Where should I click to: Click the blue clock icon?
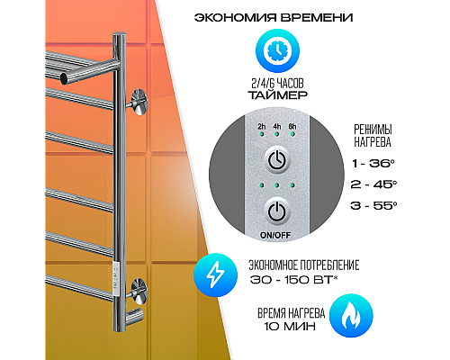tap(277, 50)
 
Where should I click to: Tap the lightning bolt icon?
tap(215, 275)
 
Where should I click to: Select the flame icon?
tap(351, 316)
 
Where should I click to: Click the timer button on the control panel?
tap(277, 159)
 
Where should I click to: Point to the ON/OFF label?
tap(275, 235)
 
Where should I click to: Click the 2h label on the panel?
tap(262, 126)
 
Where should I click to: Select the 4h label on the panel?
tap(277, 126)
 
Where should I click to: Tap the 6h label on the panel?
tap(292, 126)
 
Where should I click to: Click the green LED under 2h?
tap(262, 134)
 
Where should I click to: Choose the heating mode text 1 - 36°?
tap(373, 164)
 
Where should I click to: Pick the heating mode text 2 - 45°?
tap(373, 184)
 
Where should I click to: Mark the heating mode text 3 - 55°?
tap(373, 206)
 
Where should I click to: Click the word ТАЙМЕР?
tap(277, 94)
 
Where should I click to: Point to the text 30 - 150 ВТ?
tap(292, 280)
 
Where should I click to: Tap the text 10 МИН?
tap(290, 326)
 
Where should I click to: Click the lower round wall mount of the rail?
tap(139, 292)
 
